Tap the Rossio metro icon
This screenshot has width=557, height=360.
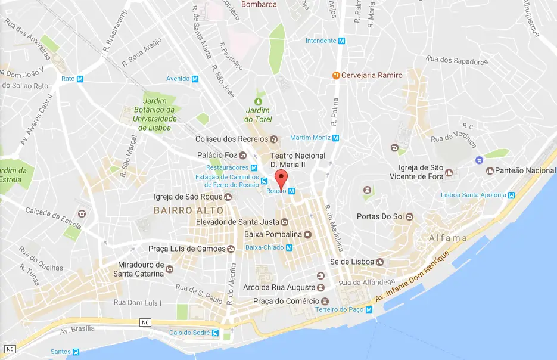(x=291, y=191)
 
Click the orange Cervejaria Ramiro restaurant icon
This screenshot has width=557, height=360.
(x=336, y=75)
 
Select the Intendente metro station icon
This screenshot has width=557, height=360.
(x=342, y=41)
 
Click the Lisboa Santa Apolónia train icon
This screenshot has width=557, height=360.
(x=511, y=195)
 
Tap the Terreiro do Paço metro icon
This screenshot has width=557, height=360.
(x=369, y=309)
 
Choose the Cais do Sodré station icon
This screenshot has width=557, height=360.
(x=215, y=333)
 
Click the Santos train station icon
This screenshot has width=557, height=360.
(x=76, y=352)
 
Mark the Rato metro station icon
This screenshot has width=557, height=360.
(x=80, y=79)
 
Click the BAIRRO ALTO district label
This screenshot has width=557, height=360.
(x=188, y=210)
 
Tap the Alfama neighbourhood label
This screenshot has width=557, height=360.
(x=447, y=238)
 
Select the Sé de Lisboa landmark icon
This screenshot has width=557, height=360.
(x=379, y=262)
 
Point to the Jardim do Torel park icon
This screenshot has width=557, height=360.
(x=258, y=101)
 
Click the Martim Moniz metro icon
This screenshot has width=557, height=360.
(x=335, y=138)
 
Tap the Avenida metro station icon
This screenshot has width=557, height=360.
(x=195, y=79)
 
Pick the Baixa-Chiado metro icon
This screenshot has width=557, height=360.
(x=289, y=247)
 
